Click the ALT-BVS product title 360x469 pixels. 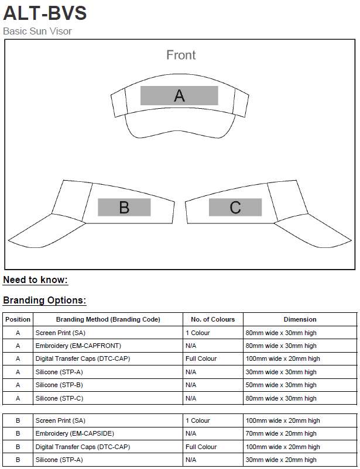click(45, 12)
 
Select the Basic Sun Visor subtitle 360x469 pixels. click(37, 31)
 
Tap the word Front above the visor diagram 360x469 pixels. click(181, 55)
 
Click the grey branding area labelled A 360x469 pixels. click(179, 96)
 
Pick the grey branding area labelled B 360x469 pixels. click(124, 208)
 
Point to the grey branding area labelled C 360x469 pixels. click(235, 208)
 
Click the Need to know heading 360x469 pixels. click(35, 280)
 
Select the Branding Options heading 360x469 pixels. click(44, 301)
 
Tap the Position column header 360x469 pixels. click(18, 319)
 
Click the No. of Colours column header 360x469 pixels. click(213, 319)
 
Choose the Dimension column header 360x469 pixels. click(300, 319)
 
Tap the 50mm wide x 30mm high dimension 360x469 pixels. click(281, 385)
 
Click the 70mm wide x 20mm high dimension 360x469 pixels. click(281, 433)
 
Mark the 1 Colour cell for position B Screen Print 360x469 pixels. click(197, 420)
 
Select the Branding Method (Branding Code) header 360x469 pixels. click(108, 319)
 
